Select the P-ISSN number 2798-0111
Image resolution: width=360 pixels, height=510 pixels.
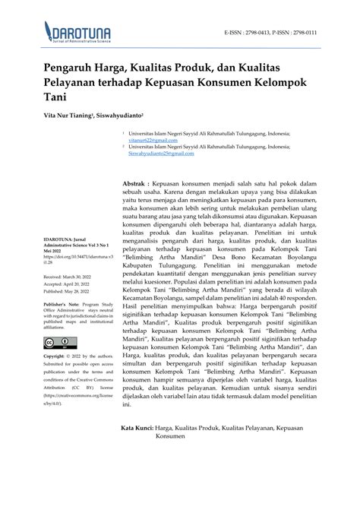click(x=321, y=33)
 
